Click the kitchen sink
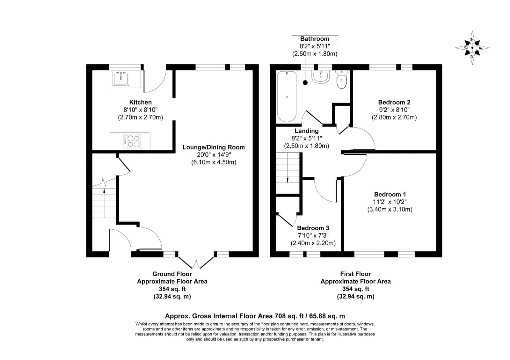(x=121, y=78)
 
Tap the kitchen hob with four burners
(x=132, y=141)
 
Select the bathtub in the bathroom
(x=287, y=97)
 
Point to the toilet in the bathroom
(x=341, y=79)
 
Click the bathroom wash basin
(x=321, y=77)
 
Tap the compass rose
(x=472, y=48)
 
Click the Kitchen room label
(x=141, y=102)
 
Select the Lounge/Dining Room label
(x=214, y=147)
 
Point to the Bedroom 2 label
(x=394, y=102)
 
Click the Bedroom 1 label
(x=390, y=194)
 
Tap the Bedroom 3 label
(x=313, y=228)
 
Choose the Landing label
(x=306, y=131)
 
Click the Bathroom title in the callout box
(x=315, y=39)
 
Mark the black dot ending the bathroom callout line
(x=305, y=83)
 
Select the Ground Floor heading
(x=172, y=274)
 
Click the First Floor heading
(x=355, y=274)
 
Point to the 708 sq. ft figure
(x=289, y=316)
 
